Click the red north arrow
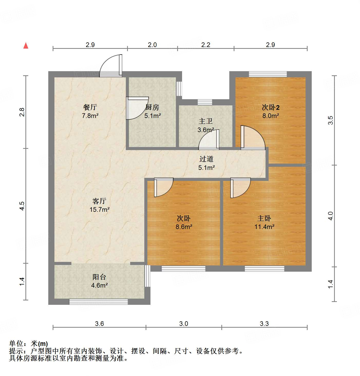[x=26, y=45]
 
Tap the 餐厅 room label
[x=90, y=107]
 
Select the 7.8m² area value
[x=90, y=116]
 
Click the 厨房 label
[x=152, y=107]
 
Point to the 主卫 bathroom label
[x=205, y=121]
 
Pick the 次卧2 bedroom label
[x=271, y=107]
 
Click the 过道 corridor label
[x=206, y=159]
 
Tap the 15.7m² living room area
[x=99, y=209]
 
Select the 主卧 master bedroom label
[x=264, y=218]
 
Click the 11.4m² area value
[x=264, y=227]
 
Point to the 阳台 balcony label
[x=99, y=277]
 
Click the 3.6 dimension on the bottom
[x=99, y=323]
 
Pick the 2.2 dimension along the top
[x=206, y=45]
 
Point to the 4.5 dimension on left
[x=22, y=206]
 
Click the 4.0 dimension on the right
[x=330, y=216]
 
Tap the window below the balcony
[x=99, y=301]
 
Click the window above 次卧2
[x=268, y=74]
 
